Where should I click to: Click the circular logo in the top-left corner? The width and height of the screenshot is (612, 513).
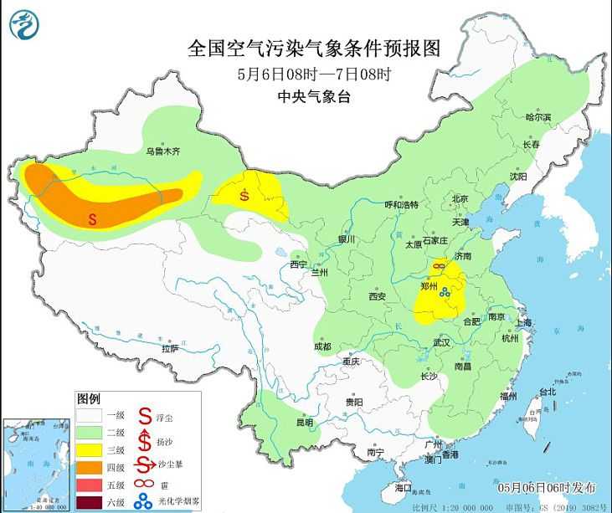pos(23,24)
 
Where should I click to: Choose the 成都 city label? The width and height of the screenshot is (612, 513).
pos(322,346)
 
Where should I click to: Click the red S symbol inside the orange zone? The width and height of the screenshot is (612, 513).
pos(94,219)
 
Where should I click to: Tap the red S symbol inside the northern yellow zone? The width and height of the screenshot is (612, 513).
pos(244,197)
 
